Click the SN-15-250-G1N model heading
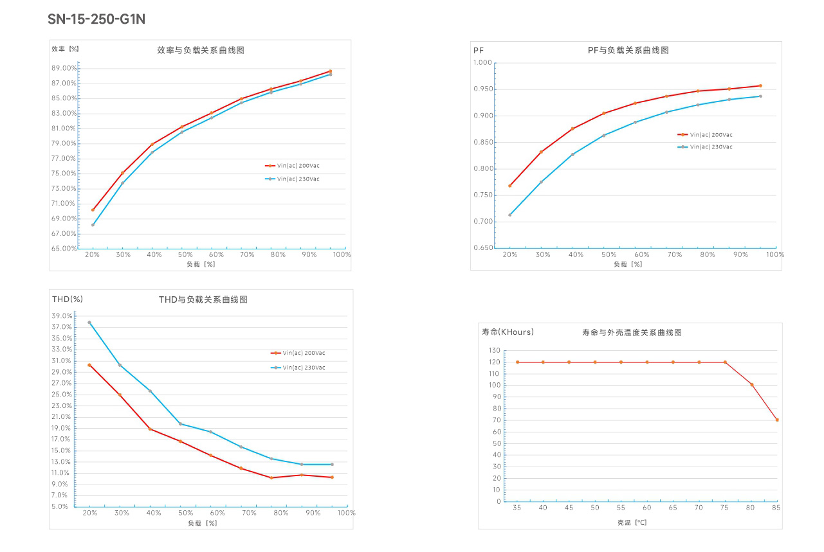coord(96,19)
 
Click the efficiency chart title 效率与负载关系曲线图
coord(201,50)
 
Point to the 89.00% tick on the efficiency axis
coord(64,68)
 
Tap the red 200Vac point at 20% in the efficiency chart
coord(93,209)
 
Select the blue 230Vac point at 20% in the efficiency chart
coord(93,225)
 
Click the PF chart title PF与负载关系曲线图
coord(628,50)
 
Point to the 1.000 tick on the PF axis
coord(482,63)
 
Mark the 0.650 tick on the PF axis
coord(482,248)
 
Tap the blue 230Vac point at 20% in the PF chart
coord(510,215)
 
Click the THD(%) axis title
coord(68,299)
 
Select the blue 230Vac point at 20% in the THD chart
coord(89,323)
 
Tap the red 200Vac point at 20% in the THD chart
coord(89,365)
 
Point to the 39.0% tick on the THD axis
coord(62,316)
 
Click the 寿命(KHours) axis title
coord(508,332)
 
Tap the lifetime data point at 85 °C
coord(777,420)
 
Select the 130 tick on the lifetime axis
coord(494,351)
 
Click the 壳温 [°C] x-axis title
coord(632,522)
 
